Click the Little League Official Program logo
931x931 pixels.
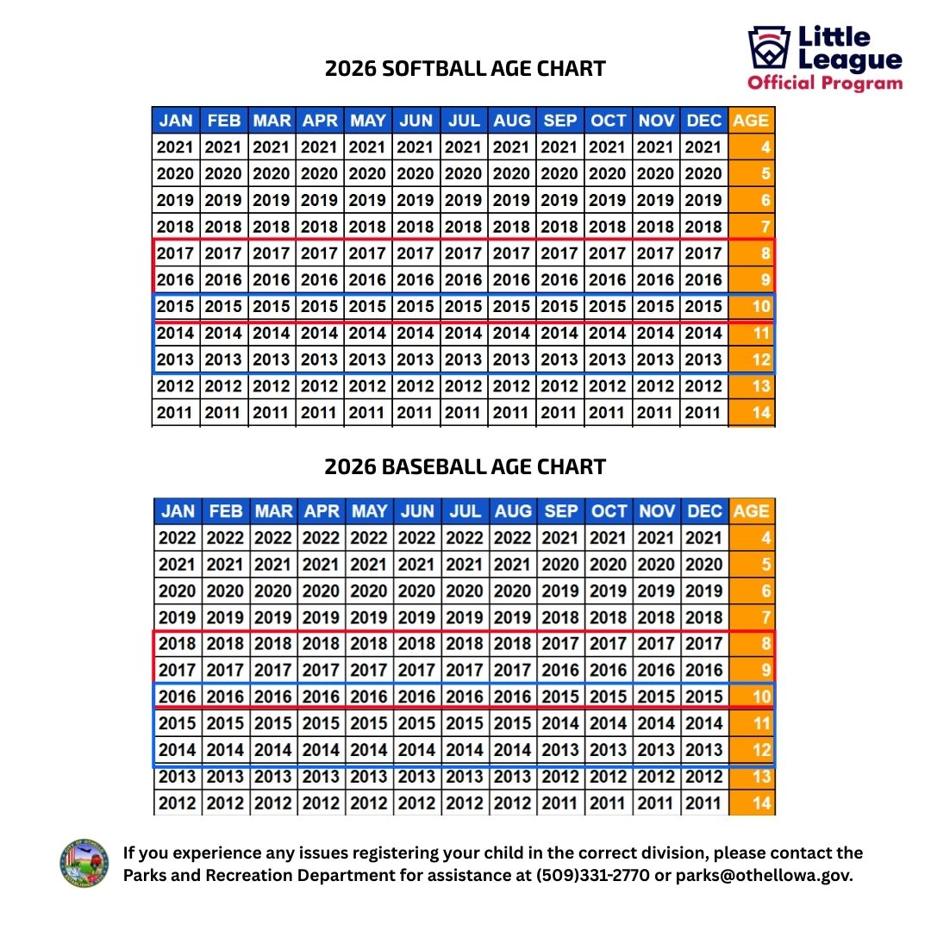click(825, 59)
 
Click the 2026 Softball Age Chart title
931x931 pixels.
click(465, 69)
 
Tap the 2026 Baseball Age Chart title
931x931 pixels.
click(465, 467)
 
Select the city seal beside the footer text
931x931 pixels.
click(85, 863)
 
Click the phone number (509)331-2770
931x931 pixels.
click(600, 875)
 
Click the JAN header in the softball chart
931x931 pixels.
click(176, 121)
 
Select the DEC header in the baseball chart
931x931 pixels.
click(704, 511)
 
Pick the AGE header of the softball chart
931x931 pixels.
click(751, 121)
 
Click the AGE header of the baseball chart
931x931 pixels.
click(751, 511)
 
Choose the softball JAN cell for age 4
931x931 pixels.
click(176, 147)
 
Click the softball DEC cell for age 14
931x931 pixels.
click(703, 413)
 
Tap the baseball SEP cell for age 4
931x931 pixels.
click(560, 538)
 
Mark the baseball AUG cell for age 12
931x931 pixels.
click(513, 750)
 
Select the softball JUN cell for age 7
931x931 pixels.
click(416, 227)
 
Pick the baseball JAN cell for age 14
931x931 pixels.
click(178, 803)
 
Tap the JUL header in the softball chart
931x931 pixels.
click(464, 121)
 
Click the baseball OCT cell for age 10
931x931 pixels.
click(609, 697)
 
